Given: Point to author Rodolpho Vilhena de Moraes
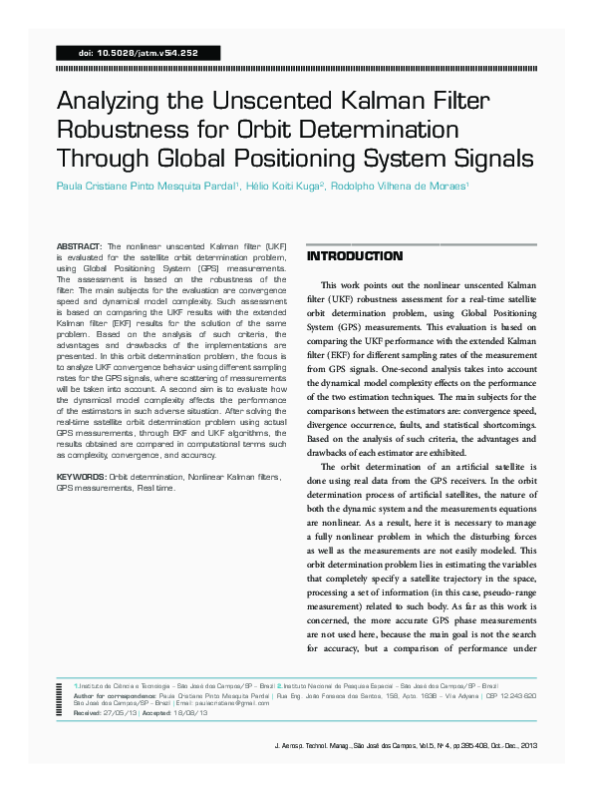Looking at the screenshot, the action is pyautogui.click(x=403, y=186).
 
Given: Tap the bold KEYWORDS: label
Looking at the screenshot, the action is pyautogui.click(x=81, y=479).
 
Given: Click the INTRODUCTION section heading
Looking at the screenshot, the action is pyautogui.click(x=355, y=256).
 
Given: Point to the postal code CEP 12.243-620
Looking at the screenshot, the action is pyautogui.click(x=507, y=695).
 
